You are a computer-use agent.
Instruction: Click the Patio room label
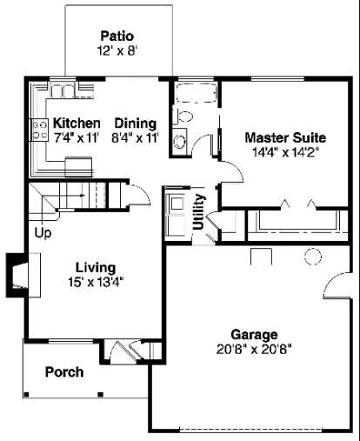[x=117, y=36]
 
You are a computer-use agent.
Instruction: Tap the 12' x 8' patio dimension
[x=117, y=50]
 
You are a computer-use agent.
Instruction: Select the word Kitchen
[x=77, y=123]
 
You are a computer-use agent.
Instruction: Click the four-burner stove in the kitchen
[x=39, y=130]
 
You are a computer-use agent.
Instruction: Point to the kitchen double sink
[x=63, y=90]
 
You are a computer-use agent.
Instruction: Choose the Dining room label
[x=136, y=123]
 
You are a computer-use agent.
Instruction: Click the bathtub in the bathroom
[x=197, y=93]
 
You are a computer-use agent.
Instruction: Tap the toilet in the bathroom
[x=183, y=117]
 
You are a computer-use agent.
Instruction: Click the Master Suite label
[x=285, y=137]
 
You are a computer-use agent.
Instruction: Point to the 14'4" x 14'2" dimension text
[x=285, y=152]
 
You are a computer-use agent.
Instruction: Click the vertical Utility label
[x=199, y=211]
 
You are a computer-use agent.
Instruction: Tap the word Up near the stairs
[x=43, y=233]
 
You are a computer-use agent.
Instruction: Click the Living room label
[x=96, y=267]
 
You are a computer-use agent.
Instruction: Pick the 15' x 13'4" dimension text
[x=96, y=282]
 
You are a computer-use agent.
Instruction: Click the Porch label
[x=64, y=372]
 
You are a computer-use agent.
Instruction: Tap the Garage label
[x=254, y=334]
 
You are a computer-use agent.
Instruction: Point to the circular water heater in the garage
[x=313, y=257]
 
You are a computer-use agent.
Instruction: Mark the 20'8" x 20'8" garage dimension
[x=254, y=349]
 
